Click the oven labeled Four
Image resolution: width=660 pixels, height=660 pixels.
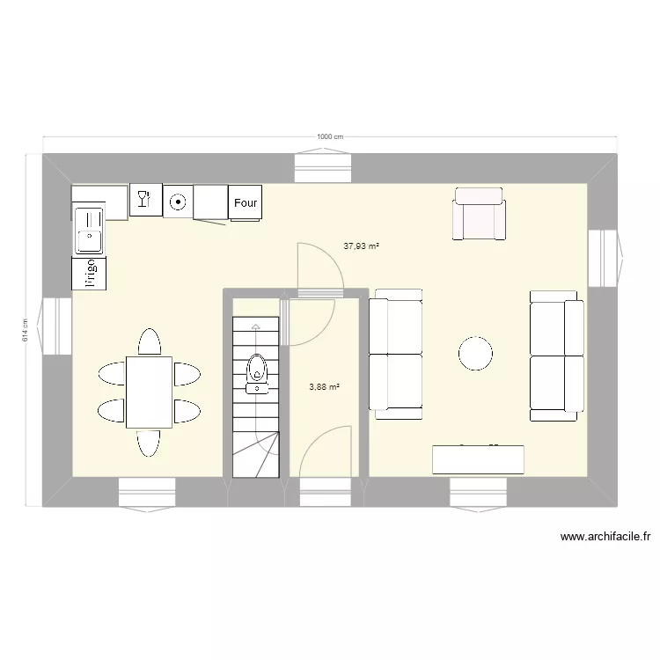(246, 202)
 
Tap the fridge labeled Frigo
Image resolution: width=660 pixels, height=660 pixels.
(89, 272)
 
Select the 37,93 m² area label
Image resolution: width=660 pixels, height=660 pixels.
(361, 247)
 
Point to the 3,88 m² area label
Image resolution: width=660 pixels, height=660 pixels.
(323, 385)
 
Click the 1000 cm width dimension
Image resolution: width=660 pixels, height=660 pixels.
(329, 136)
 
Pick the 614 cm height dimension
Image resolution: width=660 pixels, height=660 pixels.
(26, 329)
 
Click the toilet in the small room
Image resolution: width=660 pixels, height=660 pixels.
(258, 370)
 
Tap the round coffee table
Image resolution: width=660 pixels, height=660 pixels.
(476, 354)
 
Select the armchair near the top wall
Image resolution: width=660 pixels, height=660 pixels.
(480, 213)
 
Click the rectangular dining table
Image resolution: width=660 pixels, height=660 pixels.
(149, 392)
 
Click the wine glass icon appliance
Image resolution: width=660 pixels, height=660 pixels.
(145, 199)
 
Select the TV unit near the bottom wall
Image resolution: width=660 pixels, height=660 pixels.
(478, 460)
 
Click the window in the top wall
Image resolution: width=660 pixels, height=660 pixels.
(323, 166)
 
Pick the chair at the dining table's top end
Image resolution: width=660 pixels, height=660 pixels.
(149, 341)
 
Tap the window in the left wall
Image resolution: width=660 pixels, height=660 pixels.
(57, 326)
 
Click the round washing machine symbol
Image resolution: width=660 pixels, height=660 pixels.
(179, 202)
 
